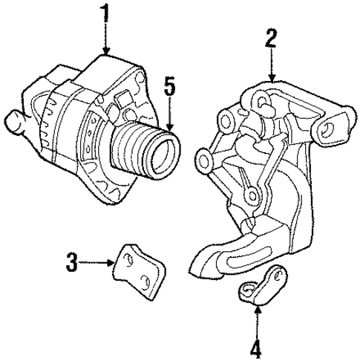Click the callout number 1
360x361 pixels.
coord(106,13)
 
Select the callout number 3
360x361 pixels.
coord(71,261)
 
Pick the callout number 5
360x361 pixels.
coord(169,87)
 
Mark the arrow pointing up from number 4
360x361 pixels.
coord(257,318)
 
